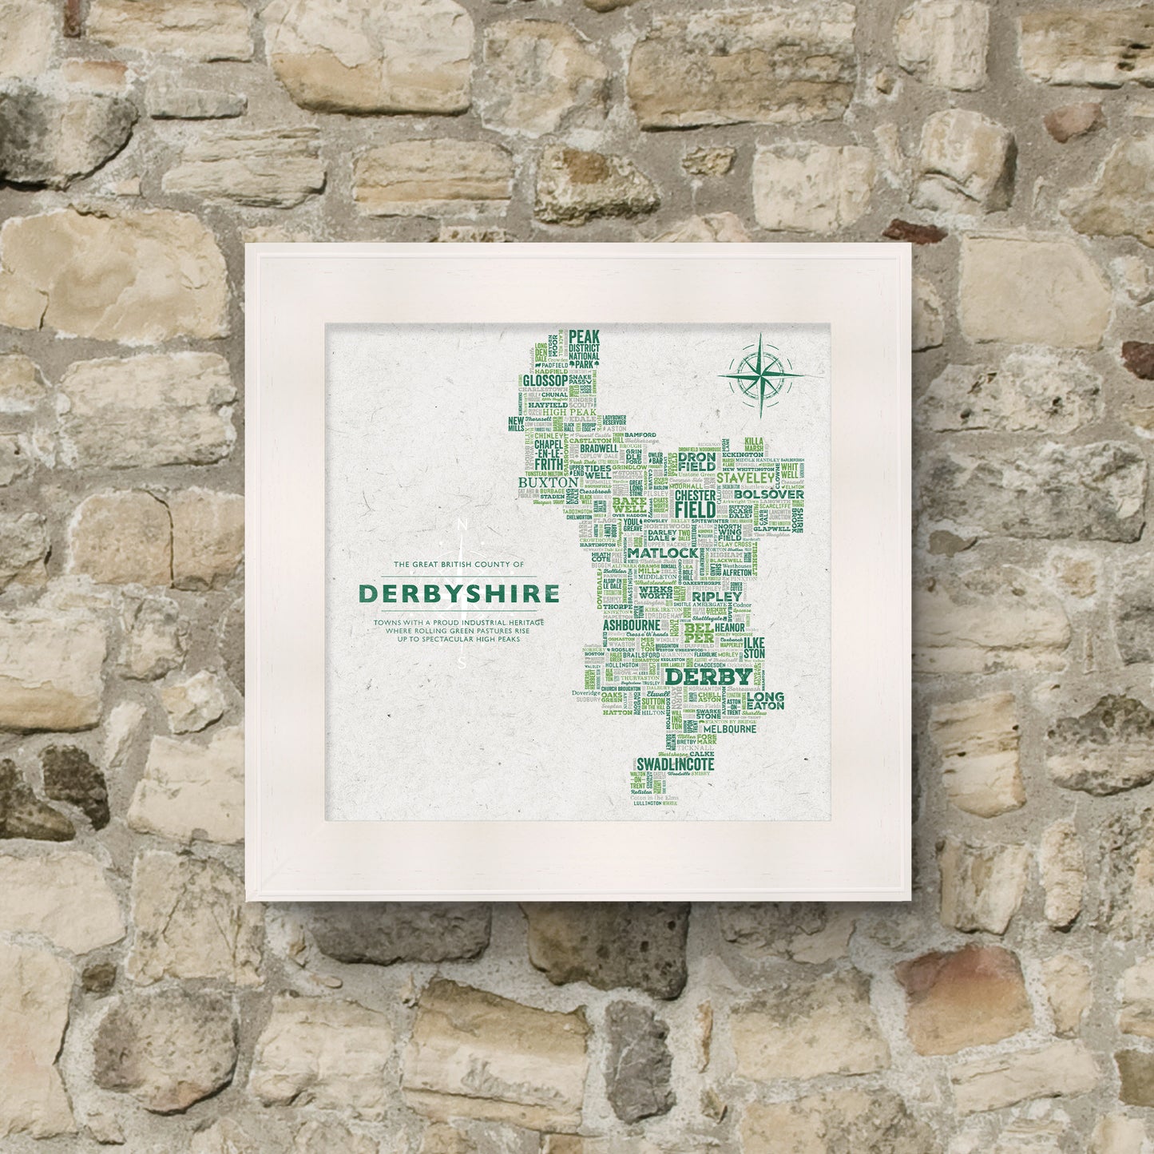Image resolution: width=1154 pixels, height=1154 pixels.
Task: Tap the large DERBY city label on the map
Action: (x=708, y=678)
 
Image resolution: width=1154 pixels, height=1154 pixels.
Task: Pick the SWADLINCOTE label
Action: (x=675, y=764)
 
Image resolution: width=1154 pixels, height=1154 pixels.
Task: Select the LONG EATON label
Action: (x=765, y=702)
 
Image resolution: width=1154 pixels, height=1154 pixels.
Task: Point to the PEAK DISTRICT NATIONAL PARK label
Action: (x=584, y=352)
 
